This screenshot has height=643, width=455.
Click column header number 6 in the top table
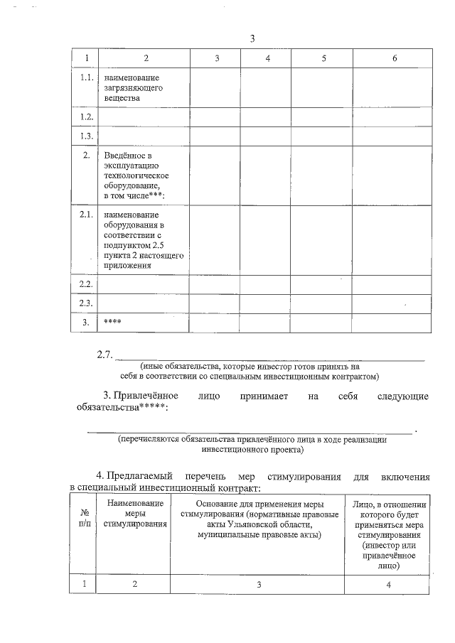pos(395,58)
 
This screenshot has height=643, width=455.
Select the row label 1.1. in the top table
pos(86,77)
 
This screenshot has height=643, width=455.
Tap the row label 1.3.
pos(86,136)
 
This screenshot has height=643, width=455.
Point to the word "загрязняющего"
pos(134,87)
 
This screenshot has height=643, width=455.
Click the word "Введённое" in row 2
pos(124,155)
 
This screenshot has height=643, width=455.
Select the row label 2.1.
pos(86,215)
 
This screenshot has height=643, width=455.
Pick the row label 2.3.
pos(86,303)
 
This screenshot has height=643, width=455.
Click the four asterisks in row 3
pos(112,322)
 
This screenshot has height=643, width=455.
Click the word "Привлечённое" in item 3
pos(145,395)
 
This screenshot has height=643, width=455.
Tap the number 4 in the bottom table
pos(388,584)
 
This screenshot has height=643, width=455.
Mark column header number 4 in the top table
pos(267,58)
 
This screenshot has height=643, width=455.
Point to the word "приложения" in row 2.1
pos(128,265)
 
